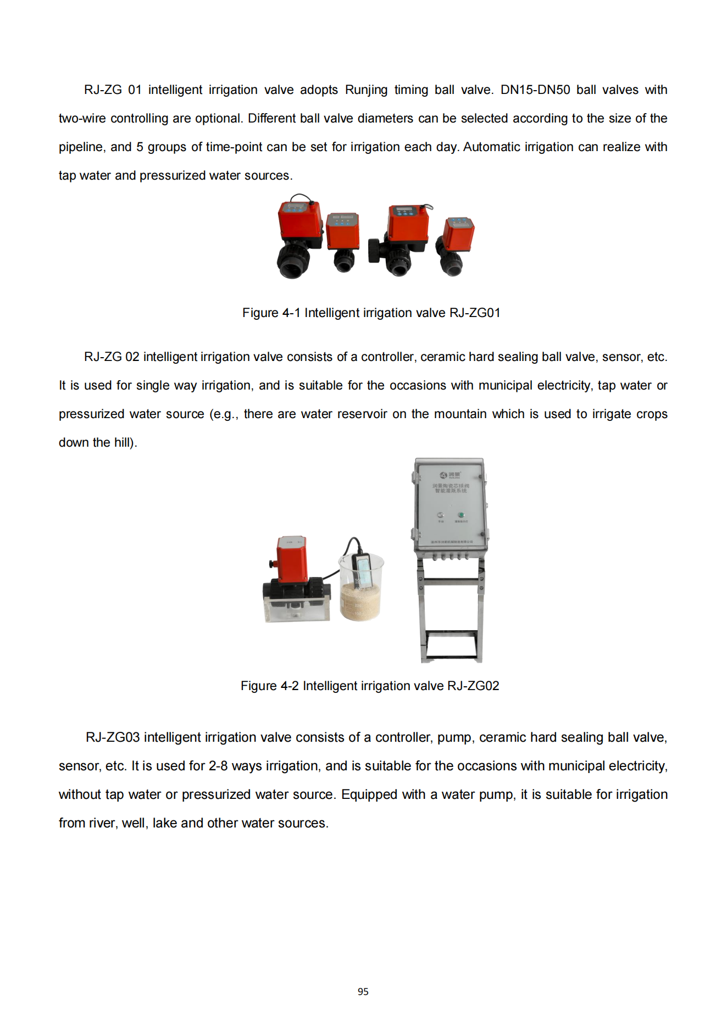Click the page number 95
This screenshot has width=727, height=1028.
click(363, 991)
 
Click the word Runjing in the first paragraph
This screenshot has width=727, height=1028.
click(366, 90)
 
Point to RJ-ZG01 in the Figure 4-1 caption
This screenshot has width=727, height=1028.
click(475, 313)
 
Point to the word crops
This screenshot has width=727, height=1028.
click(651, 414)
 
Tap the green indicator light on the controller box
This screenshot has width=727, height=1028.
click(461, 515)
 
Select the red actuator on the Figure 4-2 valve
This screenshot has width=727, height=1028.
click(291, 558)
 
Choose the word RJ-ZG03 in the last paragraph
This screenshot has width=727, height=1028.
click(113, 737)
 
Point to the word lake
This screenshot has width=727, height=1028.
click(164, 823)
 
